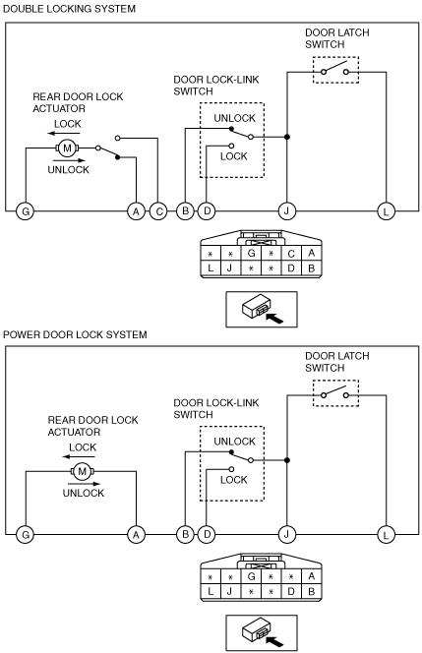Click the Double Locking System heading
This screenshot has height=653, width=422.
[69, 9]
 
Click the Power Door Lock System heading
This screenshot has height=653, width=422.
[75, 334]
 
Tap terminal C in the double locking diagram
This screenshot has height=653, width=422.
[158, 211]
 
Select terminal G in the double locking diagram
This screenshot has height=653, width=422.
[26, 211]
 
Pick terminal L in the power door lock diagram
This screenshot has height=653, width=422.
[386, 535]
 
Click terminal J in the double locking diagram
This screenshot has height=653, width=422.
[286, 211]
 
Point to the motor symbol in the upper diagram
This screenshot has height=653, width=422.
[67, 148]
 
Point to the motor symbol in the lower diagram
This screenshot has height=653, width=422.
[82, 471]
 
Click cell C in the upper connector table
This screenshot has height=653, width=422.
[291, 254]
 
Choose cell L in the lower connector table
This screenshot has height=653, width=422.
[211, 591]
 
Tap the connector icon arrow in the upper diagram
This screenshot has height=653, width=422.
[274, 319]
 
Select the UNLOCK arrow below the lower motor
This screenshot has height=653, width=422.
[84, 484]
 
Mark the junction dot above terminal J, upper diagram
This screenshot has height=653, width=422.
[286, 137]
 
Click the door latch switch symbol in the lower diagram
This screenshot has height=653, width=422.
[335, 392]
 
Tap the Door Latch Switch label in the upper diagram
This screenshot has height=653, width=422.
[337, 38]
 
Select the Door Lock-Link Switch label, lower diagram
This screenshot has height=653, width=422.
[216, 408]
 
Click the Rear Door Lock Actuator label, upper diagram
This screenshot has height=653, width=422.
[78, 102]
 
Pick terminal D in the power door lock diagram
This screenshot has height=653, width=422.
[207, 535]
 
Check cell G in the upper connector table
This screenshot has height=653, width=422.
[251, 253]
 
